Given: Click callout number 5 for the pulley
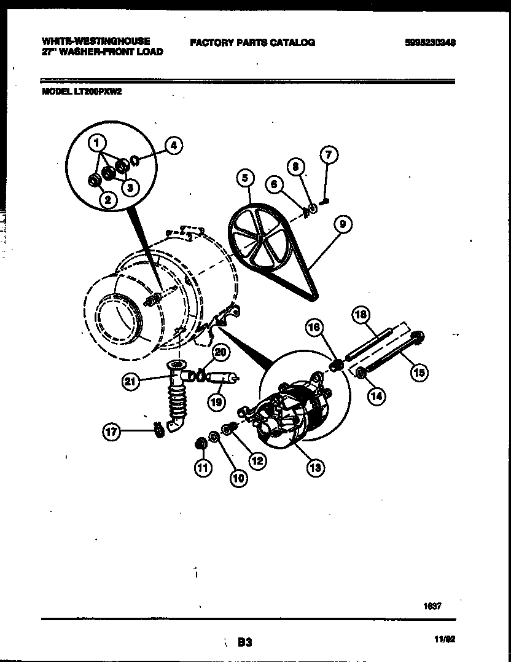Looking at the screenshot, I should [244, 179].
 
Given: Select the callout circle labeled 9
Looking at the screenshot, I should [342, 224].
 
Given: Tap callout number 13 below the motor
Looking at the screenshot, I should [315, 468].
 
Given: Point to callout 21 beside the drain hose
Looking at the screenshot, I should [130, 382].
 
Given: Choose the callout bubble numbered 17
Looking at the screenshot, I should [111, 432].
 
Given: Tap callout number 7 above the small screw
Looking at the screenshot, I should [328, 155].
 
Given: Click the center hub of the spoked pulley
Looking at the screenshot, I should [260, 234].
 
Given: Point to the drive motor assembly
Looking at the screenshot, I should [289, 412].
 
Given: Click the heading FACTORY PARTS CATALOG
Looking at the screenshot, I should [252, 42].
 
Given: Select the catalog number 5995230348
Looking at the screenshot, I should [430, 43].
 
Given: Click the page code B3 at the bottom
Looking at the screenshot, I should [245, 642].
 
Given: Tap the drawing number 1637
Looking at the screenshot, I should [432, 605].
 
